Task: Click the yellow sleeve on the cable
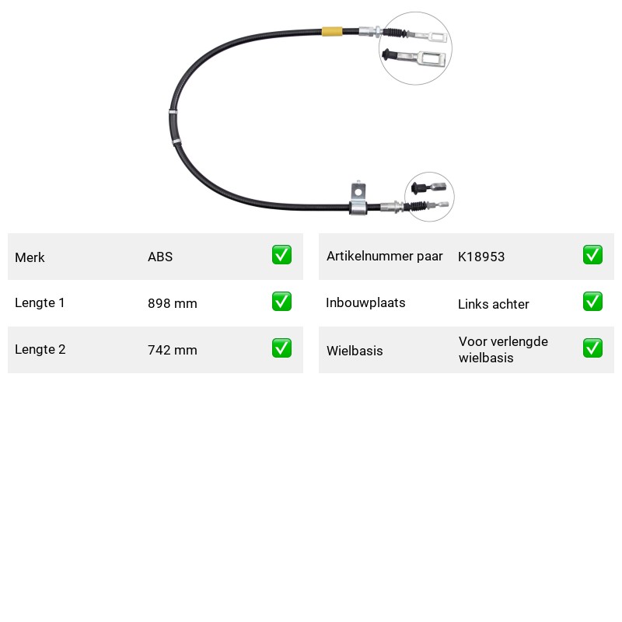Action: pyautogui.click(x=332, y=31)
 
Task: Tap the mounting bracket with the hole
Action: pyautogui.click(x=358, y=198)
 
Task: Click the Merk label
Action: pyautogui.click(x=30, y=257)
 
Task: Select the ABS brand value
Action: pyautogui.click(x=160, y=257)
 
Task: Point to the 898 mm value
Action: pyautogui.click(x=173, y=303)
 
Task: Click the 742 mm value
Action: pyautogui.click(x=173, y=350)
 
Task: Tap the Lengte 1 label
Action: pyautogui.click(x=40, y=302)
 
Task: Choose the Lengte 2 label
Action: pyautogui.click(x=40, y=349)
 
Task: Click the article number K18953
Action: pyautogui.click(x=481, y=257)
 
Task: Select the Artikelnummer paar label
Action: pyautogui.click(x=384, y=257)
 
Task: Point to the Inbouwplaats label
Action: pyautogui.click(x=365, y=302)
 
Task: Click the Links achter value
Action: pyautogui.click(x=494, y=304)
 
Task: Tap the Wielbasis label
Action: pyautogui.click(x=355, y=351)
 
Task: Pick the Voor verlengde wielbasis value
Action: pyautogui.click(x=503, y=349)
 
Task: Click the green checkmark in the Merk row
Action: pyautogui.click(x=281, y=255)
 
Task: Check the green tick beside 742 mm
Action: pyautogui.click(x=281, y=348)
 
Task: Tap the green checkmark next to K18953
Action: pyautogui.click(x=592, y=255)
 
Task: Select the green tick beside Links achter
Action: pyautogui.click(x=592, y=302)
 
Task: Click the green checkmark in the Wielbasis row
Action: pyautogui.click(x=592, y=348)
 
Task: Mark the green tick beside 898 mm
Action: pyautogui.click(x=281, y=302)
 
